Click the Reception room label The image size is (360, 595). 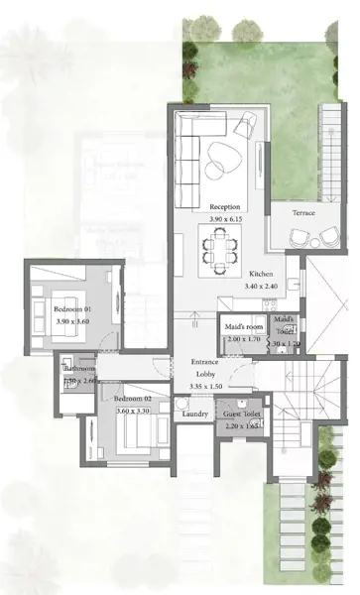(x=225, y=206)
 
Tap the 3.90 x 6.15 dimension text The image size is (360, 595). (x=225, y=218)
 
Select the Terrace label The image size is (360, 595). (x=303, y=213)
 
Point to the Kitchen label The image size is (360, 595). (x=261, y=274)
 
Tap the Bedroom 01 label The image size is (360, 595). (x=72, y=309)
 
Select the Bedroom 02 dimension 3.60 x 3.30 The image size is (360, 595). (x=131, y=411)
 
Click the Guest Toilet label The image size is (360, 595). (x=241, y=414)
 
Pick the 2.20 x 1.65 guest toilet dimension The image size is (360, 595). (x=240, y=425)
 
